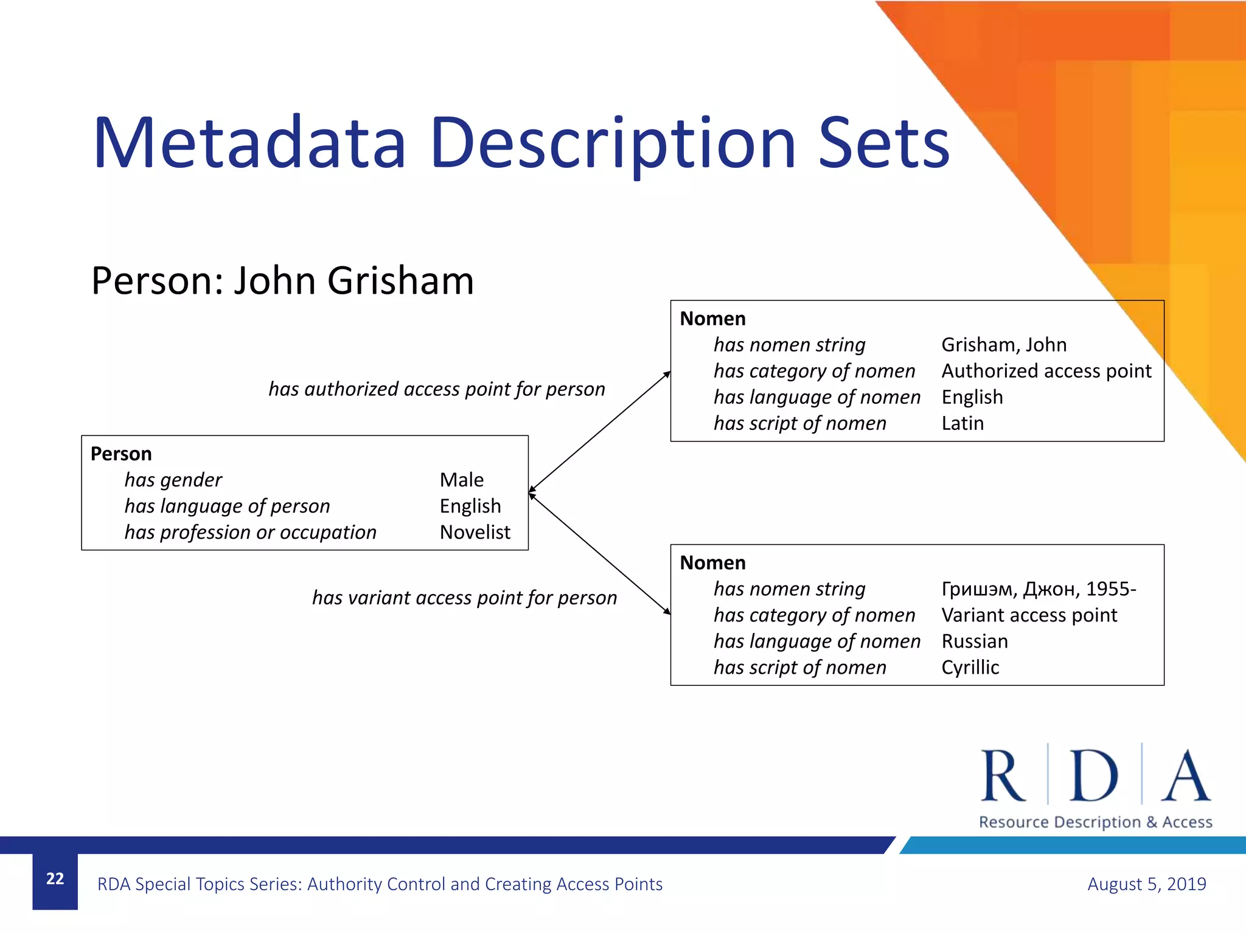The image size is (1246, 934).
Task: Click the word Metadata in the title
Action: pyautogui.click(x=249, y=144)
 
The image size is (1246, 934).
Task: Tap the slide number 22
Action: pyautogui.click(x=55, y=879)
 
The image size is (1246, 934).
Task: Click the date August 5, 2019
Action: pyautogui.click(x=1146, y=884)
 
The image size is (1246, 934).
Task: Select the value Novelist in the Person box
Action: pyautogui.click(x=475, y=532)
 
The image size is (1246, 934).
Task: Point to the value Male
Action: pyautogui.click(x=461, y=480)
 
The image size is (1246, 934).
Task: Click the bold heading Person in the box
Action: pyautogui.click(x=121, y=454)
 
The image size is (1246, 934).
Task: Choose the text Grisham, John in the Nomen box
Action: pyautogui.click(x=1003, y=345)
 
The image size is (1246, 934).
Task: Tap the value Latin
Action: pyautogui.click(x=962, y=423)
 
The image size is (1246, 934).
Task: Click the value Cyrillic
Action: pyautogui.click(x=970, y=668)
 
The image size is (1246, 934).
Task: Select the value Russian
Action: pyautogui.click(x=974, y=642)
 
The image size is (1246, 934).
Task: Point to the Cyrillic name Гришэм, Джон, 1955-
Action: pyautogui.click(x=1038, y=589)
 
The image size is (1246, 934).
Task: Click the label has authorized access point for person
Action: pyautogui.click(x=437, y=389)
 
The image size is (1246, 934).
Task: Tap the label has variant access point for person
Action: pyautogui.click(x=464, y=598)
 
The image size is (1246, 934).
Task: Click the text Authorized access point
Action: pyautogui.click(x=1046, y=371)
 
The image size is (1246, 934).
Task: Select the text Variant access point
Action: pyautogui.click(x=1029, y=615)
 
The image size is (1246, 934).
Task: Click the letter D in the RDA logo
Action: pyautogui.click(x=1093, y=776)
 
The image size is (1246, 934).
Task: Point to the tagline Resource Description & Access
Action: pyautogui.click(x=1095, y=822)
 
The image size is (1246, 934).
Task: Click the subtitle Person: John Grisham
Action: pyautogui.click(x=282, y=281)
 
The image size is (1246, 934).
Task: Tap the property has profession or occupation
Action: pyautogui.click(x=250, y=532)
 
